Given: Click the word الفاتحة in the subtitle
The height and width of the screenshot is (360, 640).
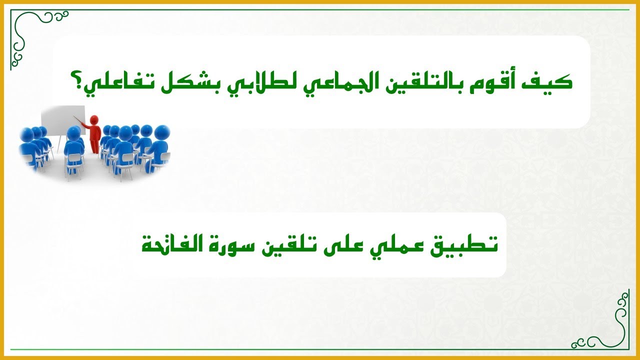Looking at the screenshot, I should pyautogui.click(x=172, y=245).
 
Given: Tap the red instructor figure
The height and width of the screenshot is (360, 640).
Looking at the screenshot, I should pyautogui.click(x=93, y=133).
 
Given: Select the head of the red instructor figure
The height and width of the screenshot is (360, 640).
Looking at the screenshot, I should pyautogui.click(x=94, y=120).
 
